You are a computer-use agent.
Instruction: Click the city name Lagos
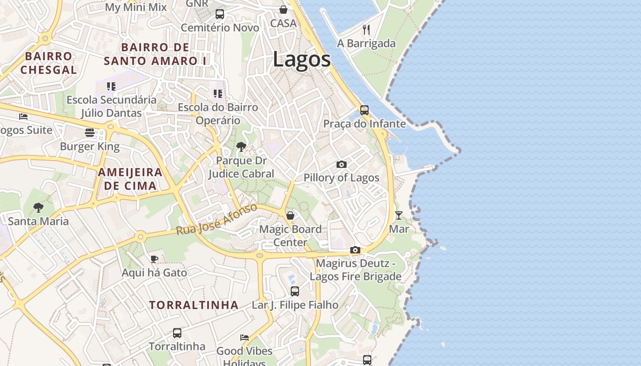coord(302,59)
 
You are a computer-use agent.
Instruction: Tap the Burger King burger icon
coord(90,133)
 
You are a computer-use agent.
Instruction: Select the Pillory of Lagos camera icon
coord(341,164)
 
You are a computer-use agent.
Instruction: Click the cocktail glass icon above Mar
coord(399,215)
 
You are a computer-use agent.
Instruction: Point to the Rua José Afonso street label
coord(217,220)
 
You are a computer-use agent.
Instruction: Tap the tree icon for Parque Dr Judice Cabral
coord(241,147)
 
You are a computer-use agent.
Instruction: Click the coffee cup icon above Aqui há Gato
coord(154,259)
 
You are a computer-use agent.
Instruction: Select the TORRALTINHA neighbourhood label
coord(194,305)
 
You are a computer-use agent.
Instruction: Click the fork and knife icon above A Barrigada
coord(366,30)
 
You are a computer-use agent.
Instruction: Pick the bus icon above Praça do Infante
coord(364,110)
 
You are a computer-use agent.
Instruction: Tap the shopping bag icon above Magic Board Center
coord(290,215)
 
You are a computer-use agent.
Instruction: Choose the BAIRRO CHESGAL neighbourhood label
coord(49,63)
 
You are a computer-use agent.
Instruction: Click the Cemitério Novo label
coord(220,28)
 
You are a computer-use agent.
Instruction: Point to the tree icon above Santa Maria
coord(38,208)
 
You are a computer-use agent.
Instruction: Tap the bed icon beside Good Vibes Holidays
coord(244,338)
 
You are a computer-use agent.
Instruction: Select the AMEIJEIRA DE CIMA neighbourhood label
coord(130,179)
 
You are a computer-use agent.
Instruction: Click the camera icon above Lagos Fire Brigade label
coord(355,250)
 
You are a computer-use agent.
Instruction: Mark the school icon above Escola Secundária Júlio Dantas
coord(111,86)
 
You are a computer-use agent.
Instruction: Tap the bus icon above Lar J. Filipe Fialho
coord(295,291)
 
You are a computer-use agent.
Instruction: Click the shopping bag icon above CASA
coord(283,10)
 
